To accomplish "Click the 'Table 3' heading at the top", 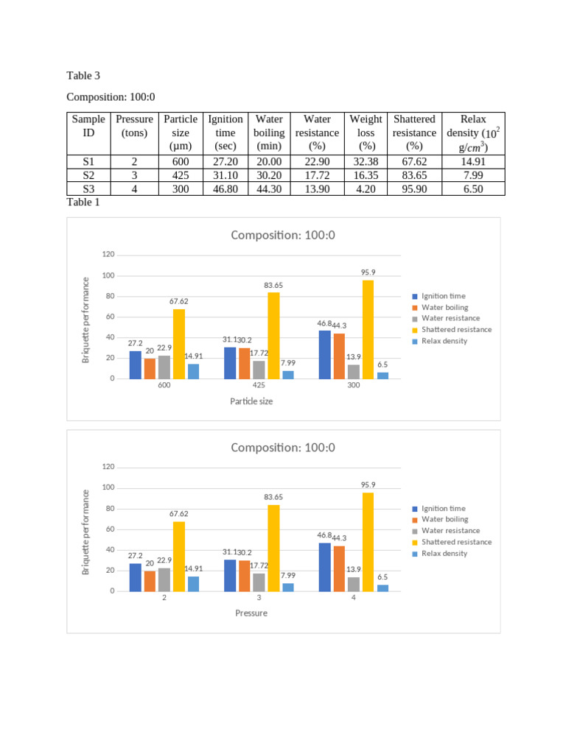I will (83, 76).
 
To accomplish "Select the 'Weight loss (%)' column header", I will (366, 133).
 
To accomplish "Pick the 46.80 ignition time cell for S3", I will (225, 188).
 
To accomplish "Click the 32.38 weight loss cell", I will (366, 162).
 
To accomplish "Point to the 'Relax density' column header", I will (472, 133).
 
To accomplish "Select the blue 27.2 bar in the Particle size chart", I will (135, 364).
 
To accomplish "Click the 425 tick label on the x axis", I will (259, 385).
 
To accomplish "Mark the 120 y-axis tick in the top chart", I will (108, 255).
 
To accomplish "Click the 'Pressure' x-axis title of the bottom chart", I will (251, 613).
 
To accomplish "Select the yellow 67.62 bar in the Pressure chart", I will (178, 556).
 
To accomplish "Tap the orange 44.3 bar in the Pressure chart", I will (339, 568).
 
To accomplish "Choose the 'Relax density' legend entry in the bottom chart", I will (444, 553).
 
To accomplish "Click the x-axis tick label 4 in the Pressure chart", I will (354, 598).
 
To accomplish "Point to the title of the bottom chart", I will (283, 448).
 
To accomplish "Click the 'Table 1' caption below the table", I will (83, 202).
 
